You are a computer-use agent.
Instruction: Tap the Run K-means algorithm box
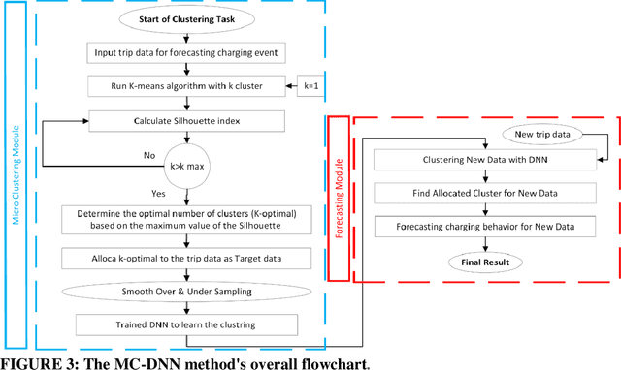[x=182, y=87]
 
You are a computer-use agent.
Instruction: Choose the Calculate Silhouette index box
[x=183, y=121]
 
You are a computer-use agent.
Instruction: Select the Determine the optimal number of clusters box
[x=182, y=220]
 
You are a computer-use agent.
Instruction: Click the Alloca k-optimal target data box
[x=183, y=259]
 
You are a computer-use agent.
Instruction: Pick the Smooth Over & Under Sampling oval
[x=183, y=292]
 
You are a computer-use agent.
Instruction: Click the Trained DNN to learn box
[x=182, y=324]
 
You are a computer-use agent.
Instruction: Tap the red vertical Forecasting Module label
[x=338, y=199]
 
